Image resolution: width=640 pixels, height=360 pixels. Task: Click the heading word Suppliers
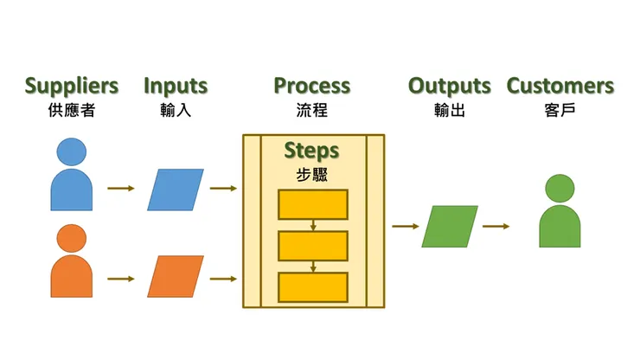(72, 87)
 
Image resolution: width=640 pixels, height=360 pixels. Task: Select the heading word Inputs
(176, 87)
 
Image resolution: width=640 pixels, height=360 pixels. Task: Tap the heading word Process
(312, 87)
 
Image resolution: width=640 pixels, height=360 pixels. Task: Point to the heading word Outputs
(449, 87)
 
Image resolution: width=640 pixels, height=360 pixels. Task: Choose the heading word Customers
(560, 87)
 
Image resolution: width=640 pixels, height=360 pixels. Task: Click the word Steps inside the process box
(312, 151)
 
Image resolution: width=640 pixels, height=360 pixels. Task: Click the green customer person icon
(560, 214)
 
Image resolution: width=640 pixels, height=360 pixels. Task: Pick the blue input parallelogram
(176, 190)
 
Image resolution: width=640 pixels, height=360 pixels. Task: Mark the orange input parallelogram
(176, 277)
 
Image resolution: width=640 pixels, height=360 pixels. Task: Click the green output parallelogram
(450, 227)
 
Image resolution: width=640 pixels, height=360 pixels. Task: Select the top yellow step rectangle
(312, 204)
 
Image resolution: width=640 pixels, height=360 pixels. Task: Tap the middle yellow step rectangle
(312, 246)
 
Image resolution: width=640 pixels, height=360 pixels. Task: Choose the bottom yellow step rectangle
(312, 286)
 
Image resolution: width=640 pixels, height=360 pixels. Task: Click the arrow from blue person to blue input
(120, 188)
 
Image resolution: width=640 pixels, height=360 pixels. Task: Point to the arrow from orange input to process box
(223, 279)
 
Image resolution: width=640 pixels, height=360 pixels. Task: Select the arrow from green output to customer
(496, 227)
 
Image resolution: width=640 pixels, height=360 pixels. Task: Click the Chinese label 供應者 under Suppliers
(72, 111)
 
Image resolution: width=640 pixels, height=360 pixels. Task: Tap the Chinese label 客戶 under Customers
(560, 111)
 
